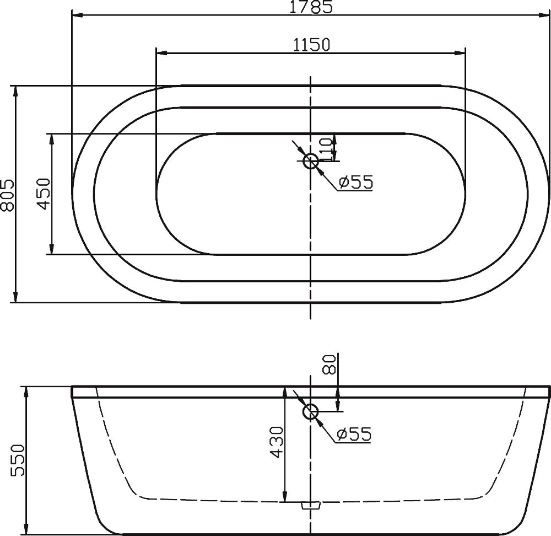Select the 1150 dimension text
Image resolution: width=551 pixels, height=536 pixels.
[311, 44]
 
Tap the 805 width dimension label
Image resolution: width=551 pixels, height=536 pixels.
[7, 195]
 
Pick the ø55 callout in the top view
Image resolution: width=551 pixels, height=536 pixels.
[355, 182]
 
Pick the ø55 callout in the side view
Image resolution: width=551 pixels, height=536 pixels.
[354, 434]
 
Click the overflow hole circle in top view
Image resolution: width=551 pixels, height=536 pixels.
[311, 161]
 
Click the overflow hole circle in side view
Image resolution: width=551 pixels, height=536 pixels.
[311, 411]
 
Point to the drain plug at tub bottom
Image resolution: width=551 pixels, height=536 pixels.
[311, 505]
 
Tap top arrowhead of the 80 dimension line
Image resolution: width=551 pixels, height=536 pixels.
[338, 393]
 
